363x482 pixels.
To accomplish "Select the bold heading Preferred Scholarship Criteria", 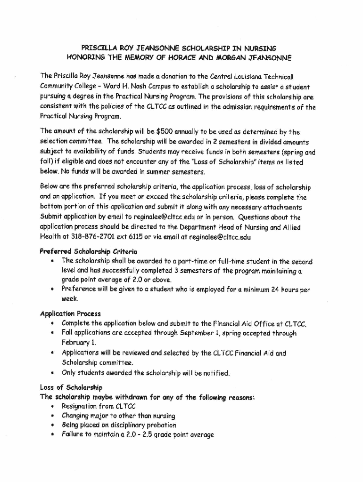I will tap(89, 251).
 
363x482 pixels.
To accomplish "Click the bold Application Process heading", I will tap(70, 313).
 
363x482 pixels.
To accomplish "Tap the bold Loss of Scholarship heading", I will tap(71, 387).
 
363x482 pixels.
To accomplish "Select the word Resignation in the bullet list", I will tap(81, 406).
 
